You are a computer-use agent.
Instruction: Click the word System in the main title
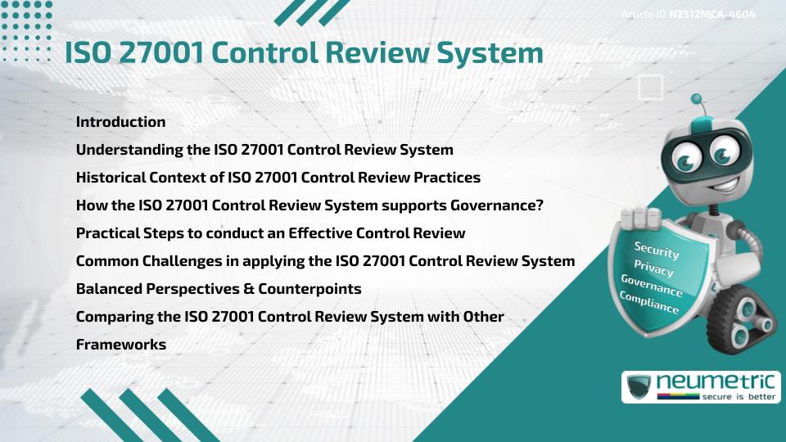tap(490, 52)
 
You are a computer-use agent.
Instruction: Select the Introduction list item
tap(120, 122)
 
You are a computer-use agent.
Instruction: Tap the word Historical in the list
tap(111, 178)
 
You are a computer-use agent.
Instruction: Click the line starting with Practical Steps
tap(270, 233)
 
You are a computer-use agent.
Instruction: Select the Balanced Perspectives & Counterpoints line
tap(219, 289)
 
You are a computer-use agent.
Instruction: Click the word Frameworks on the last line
tap(121, 345)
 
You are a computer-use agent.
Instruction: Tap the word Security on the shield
tap(657, 250)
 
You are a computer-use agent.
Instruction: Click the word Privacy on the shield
tap(653, 269)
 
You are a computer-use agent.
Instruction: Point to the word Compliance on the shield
tap(649, 303)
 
